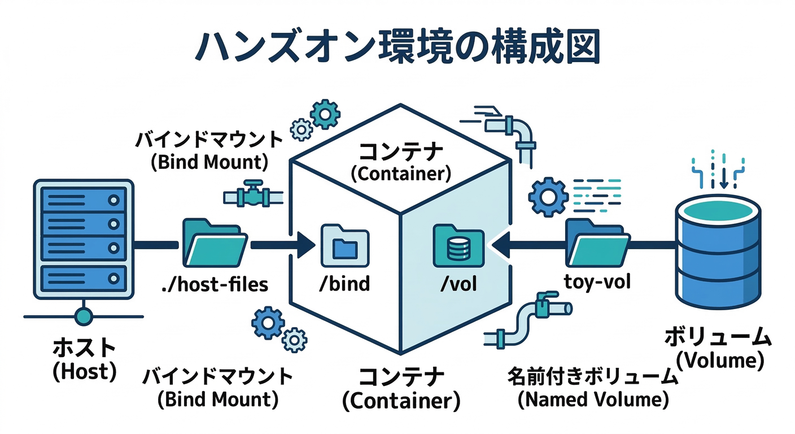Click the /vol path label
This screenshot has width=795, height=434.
pyautogui.click(x=458, y=283)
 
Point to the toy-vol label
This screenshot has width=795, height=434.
pyautogui.click(x=597, y=281)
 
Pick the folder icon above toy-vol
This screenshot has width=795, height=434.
pyautogui.click(x=597, y=244)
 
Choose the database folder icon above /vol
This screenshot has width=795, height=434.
pyautogui.click(x=458, y=246)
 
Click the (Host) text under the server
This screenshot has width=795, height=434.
pyautogui.click(x=84, y=371)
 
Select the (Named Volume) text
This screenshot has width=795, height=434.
pyautogui.click(x=593, y=400)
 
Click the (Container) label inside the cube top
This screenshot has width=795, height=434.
pyautogui.click(x=401, y=173)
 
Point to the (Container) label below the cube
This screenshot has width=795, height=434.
pyautogui.click(x=401, y=401)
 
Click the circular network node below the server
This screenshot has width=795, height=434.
pyautogui.click(x=84, y=316)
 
